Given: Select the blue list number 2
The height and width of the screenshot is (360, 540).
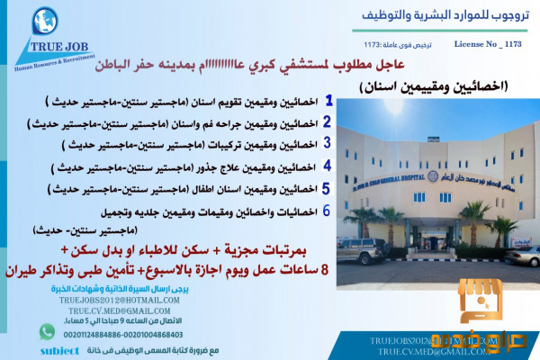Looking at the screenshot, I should [x=328, y=121].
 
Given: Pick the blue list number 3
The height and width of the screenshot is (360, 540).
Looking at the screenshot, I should [x=328, y=142].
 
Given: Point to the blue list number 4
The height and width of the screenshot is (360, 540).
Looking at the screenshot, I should [x=328, y=165].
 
